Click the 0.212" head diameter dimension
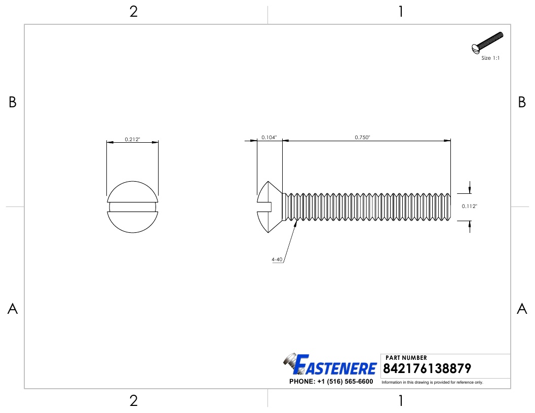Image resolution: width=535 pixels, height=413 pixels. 132,139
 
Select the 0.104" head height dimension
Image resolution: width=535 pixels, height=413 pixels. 269,137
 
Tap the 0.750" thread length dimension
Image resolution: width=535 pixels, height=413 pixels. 362,137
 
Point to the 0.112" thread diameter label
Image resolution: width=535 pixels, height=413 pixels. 470,206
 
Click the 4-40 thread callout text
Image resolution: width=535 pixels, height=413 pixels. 277,260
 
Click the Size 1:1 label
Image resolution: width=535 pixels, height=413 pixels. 490,58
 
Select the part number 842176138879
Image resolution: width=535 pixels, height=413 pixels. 428,368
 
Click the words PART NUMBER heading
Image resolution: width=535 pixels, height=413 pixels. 406,358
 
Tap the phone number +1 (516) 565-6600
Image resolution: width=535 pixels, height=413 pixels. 331,381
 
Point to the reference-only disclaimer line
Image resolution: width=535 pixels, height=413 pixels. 432,382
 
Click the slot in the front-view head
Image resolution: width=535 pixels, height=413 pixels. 132,206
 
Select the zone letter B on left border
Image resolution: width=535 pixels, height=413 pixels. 13,103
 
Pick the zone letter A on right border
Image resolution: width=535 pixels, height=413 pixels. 522,309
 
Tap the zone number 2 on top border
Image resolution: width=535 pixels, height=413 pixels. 134,12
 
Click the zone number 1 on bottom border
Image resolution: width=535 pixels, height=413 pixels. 401,401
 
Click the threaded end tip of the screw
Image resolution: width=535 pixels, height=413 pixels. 449,206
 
